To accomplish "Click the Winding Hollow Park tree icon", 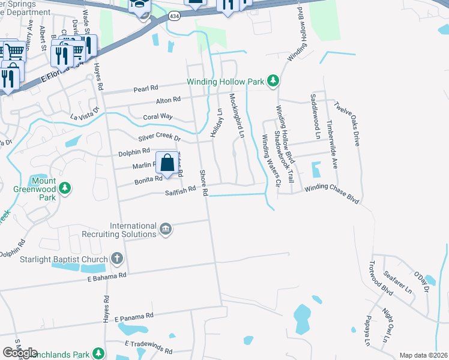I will point(273,81).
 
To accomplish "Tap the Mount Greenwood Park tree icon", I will point(65,190).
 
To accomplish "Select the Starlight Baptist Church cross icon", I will point(117,259).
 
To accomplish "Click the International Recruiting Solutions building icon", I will point(166,229).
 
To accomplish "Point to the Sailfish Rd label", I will point(181,190).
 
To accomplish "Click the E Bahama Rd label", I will point(106,275).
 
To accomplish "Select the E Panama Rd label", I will point(133,316).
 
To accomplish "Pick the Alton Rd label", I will point(168,100).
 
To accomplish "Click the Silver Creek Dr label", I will point(159,137).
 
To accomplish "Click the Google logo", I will point(20,353).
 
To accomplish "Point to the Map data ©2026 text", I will point(423,355).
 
